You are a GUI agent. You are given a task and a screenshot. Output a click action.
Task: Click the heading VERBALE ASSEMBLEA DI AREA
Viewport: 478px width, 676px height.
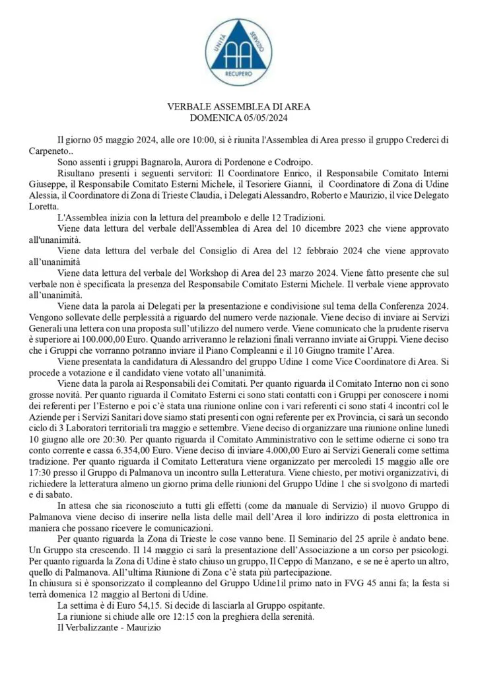coord(239,107)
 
